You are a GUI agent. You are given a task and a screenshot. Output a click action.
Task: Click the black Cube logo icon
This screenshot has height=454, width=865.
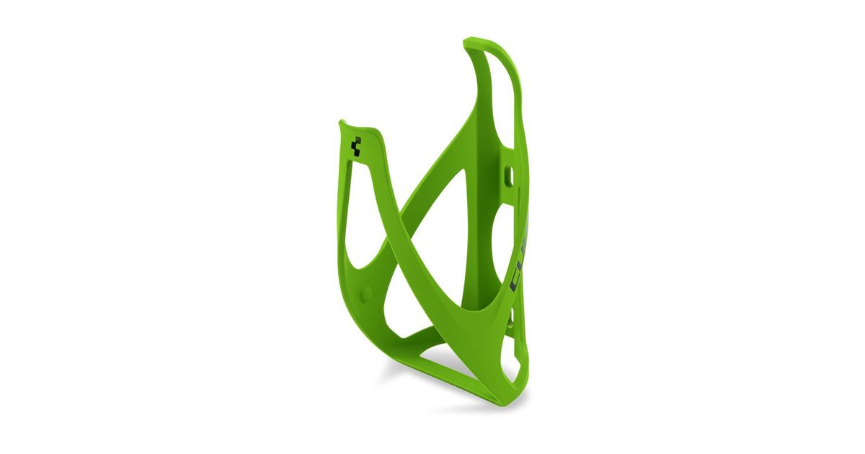click(x=355, y=148)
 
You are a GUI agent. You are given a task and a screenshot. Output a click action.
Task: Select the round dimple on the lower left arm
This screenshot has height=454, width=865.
click(x=365, y=291)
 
